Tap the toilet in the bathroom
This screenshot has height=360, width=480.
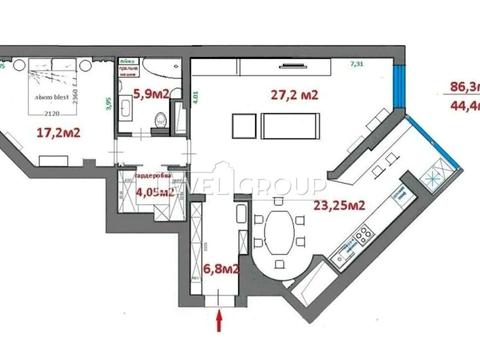[160, 121]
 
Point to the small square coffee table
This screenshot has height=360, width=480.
[243, 126]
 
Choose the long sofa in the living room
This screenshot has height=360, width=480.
[291, 126]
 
